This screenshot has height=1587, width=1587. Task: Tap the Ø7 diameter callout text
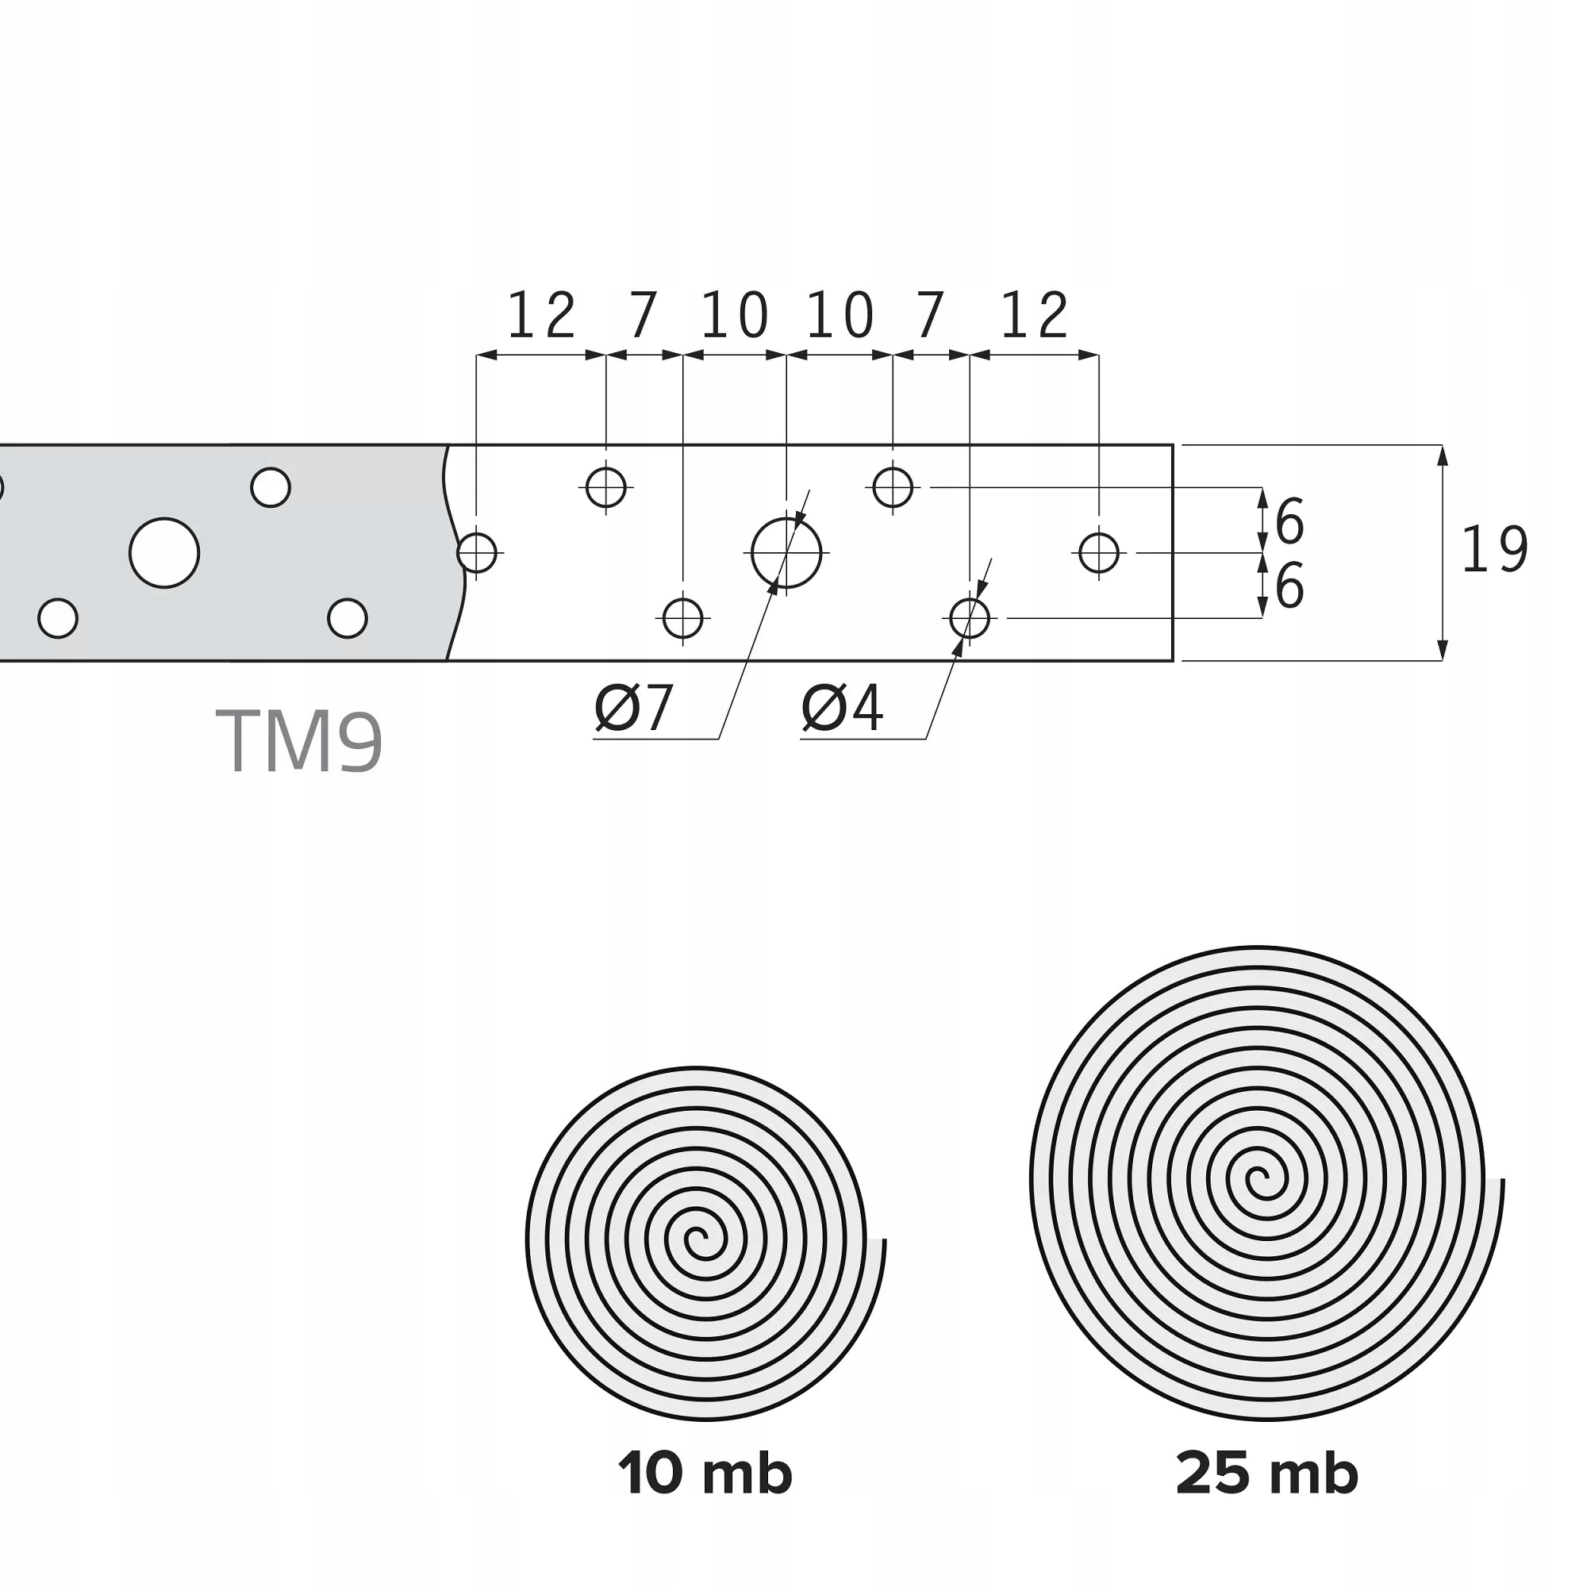coord(634,708)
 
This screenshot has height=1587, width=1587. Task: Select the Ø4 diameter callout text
coord(843,708)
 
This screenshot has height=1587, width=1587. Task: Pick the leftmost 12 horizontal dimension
coord(542,317)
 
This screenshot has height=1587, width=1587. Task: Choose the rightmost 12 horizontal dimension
coord(1035,317)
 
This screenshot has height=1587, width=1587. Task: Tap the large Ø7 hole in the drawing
coord(787,554)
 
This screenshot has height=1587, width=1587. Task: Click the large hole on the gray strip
coord(164,554)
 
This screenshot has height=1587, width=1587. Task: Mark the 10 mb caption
coord(705,1497)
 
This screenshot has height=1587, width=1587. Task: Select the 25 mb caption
coord(1266,1497)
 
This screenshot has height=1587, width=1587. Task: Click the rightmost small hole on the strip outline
coord(1099,553)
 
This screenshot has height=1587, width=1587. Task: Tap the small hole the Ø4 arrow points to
coord(970,617)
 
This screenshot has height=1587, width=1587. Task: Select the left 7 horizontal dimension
coord(644,317)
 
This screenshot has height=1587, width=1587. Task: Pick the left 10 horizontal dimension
coord(736,317)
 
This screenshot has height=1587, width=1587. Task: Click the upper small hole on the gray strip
coord(271,488)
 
